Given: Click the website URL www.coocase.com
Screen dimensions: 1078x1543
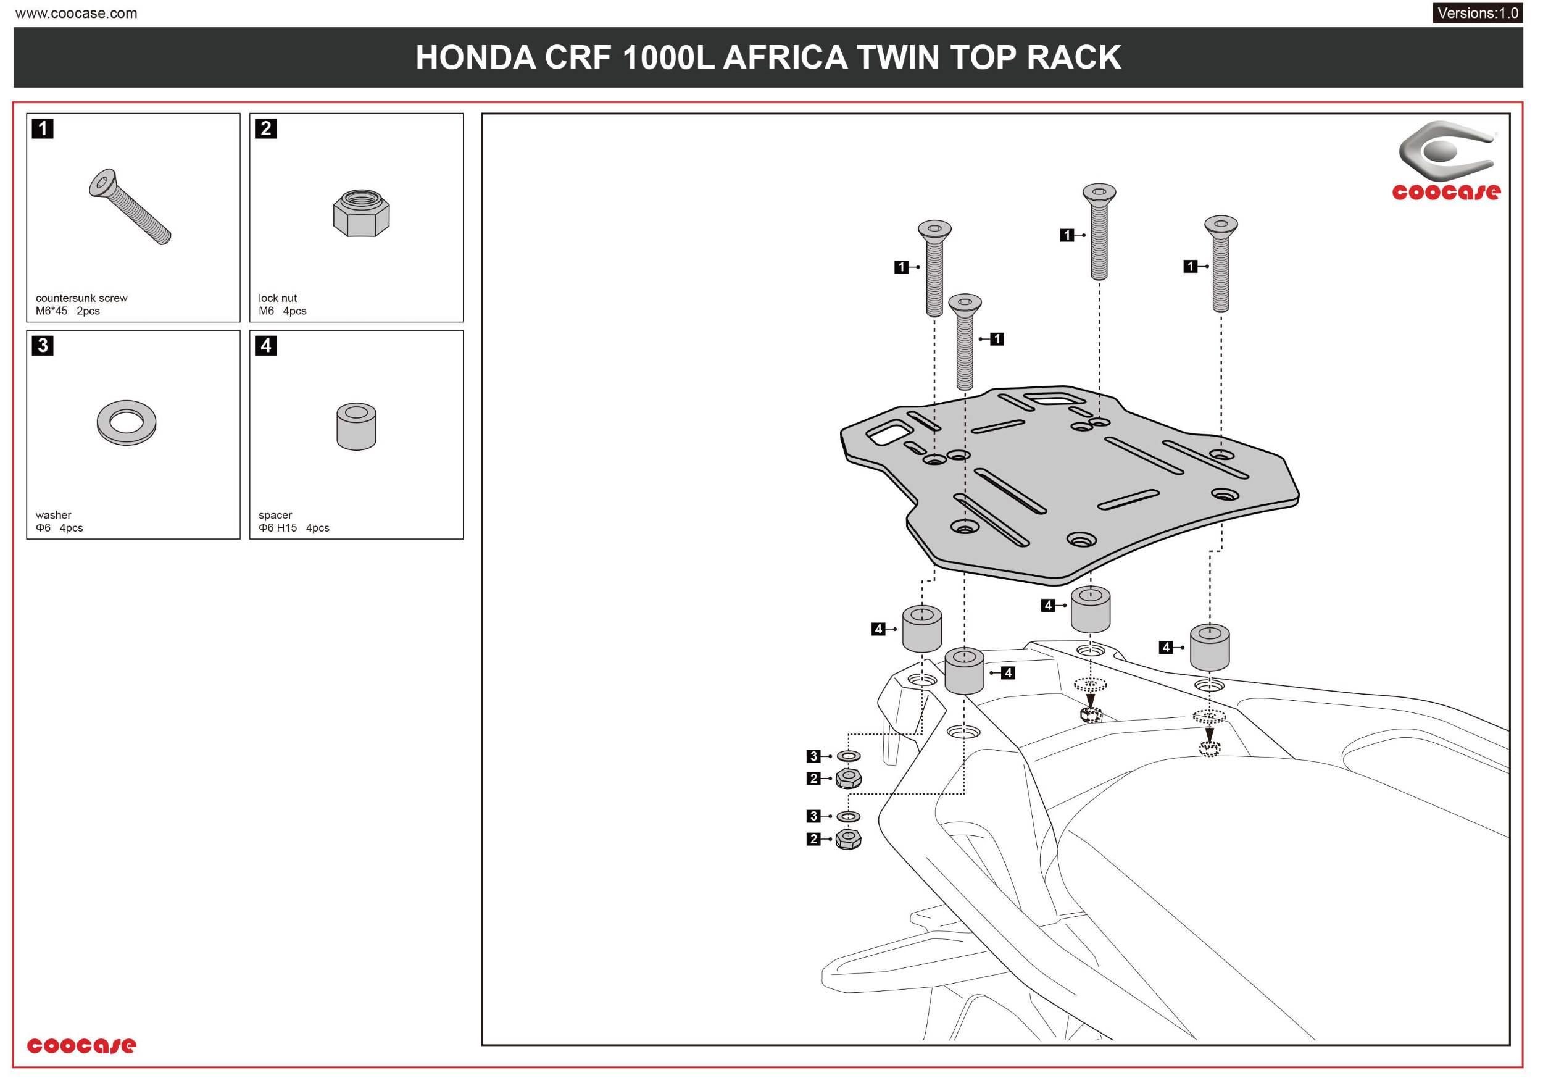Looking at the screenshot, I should coord(76,14).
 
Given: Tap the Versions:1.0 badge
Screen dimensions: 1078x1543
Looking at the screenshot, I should coord(1477,13).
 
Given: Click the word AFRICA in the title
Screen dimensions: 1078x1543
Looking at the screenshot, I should coord(784,58).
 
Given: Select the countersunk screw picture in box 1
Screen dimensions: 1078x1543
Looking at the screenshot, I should coord(130,207).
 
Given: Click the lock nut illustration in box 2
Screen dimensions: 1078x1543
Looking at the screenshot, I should coord(361,213).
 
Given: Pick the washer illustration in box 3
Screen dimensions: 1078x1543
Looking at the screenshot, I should coord(127,423).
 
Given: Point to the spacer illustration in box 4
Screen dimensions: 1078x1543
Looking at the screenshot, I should coord(356,426).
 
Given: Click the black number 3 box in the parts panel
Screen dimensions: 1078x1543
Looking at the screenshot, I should coord(43,346).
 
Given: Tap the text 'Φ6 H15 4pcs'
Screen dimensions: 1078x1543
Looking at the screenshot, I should coord(294,529).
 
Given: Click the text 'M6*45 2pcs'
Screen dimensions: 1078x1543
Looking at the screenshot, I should coord(67,311).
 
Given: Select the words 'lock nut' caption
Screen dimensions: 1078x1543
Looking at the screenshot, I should coord(278,298).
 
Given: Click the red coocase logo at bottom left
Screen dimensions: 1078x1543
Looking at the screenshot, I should coord(81,1045).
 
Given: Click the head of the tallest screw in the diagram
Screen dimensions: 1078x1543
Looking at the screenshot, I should coord(1099,192).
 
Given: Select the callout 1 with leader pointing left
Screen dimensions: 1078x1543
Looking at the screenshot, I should coord(997,339).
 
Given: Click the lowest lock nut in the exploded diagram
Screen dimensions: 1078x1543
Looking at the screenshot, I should coord(848,840).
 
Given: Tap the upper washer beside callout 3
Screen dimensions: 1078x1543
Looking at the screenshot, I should coord(849,757).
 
